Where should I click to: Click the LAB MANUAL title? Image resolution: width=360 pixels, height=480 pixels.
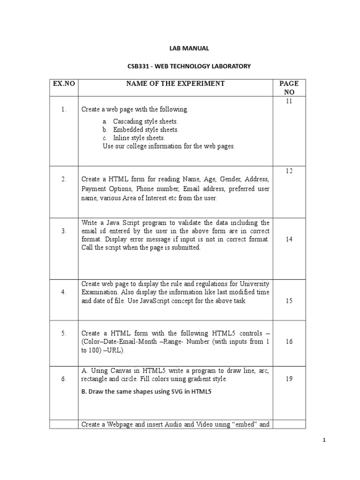189,48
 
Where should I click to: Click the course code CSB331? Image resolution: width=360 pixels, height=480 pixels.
136,67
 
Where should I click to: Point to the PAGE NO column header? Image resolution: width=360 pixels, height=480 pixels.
289,88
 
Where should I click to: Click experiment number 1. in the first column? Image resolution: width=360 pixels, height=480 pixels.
64,110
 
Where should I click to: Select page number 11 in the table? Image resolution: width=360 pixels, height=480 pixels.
289,101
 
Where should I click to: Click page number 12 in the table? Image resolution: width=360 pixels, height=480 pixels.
289,171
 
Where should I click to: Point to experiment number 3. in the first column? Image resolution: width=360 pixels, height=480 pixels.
64,231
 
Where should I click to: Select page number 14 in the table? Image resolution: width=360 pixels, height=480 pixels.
289,239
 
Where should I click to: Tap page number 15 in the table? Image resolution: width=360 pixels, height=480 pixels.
289,300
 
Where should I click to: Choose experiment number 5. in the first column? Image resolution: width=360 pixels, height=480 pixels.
64,333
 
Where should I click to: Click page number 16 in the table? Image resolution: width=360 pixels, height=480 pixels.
289,342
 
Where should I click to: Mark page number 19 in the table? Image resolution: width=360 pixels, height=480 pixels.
289,379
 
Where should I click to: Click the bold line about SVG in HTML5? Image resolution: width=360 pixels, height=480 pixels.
146,392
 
